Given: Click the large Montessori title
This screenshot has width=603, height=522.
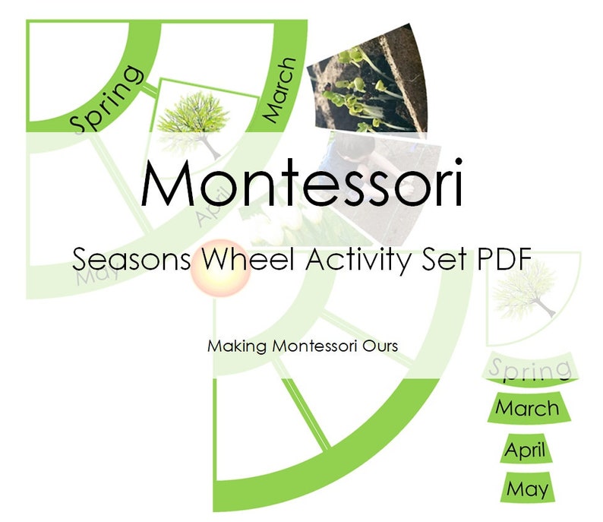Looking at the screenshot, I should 301,185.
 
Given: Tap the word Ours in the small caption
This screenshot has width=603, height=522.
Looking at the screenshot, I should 382,346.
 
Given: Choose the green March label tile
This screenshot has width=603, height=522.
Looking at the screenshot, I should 527,408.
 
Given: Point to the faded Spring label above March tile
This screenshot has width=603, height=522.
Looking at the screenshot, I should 530,369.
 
